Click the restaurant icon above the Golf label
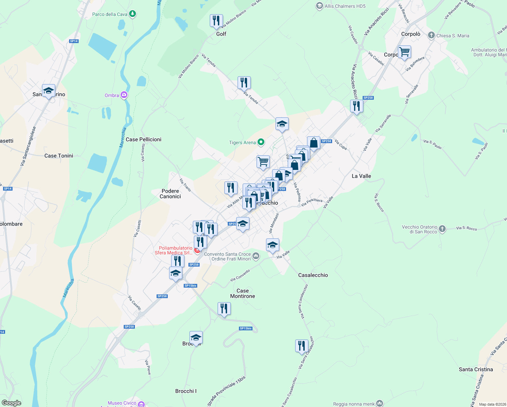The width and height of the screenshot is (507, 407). [216, 21]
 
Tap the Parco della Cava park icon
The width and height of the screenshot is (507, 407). [133, 14]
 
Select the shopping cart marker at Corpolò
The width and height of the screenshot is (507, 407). [404, 52]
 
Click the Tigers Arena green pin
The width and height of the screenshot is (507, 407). [261, 142]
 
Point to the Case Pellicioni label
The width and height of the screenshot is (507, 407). [143, 139]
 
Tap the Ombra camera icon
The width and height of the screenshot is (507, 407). [124, 95]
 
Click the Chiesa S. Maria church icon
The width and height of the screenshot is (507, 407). [431, 35]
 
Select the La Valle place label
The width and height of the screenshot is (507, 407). [361, 176]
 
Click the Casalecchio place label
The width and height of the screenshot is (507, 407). [313, 275]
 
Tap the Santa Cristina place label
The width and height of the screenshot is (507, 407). [476, 369]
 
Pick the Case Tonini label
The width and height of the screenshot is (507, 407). [59, 156]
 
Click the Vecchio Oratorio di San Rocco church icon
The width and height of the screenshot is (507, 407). [442, 229]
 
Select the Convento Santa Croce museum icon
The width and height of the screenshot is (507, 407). [256, 256]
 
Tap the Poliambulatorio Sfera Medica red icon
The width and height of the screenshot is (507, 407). [197, 250]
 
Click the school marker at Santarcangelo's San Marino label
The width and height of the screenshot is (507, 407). [49, 91]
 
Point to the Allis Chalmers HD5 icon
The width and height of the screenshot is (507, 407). [319, 6]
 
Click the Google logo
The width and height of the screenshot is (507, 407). [12, 403]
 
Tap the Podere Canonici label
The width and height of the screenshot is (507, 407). [170, 194]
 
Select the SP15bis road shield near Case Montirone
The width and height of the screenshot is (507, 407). [190, 286]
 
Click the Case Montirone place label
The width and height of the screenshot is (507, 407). [243, 293]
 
